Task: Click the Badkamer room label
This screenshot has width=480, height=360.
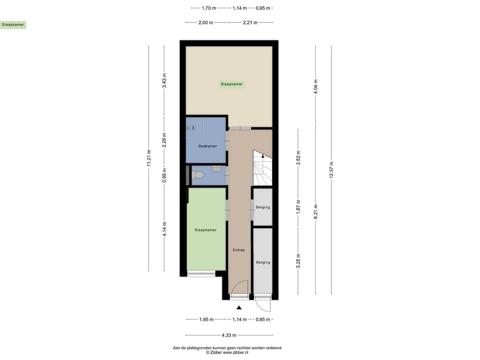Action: click(208, 146)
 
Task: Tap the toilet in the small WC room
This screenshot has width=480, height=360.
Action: click(199, 175)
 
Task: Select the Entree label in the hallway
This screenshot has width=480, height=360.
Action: click(239, 250)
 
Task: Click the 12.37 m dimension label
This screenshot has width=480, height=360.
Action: click(331, 170)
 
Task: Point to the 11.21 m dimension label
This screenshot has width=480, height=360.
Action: click(149, 158)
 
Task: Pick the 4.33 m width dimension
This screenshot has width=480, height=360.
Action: click(229, 335)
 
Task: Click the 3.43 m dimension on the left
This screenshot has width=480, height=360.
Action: click(164, 80)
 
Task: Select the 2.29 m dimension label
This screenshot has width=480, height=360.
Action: click(164, 140)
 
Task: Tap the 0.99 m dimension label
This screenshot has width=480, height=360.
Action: click(164, 175)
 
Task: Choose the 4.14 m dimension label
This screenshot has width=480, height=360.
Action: click(164, 229)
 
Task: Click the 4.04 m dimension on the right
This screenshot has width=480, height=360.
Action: click(316, 86)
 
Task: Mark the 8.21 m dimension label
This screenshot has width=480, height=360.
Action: click(316, 212)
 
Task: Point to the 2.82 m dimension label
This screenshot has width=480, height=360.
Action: click(298, 158)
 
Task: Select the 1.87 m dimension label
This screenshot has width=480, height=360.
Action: click(298, 207)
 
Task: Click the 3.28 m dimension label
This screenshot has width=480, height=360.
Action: click(298, 261)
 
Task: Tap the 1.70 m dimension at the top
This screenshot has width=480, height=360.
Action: click(209, 8)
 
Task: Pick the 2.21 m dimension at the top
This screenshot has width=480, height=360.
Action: click(250, 23)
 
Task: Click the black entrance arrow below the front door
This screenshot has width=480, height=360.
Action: click(239, 308)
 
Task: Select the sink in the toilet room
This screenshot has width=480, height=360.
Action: click(217, 169)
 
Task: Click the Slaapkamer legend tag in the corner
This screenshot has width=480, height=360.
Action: click(13, 25)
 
